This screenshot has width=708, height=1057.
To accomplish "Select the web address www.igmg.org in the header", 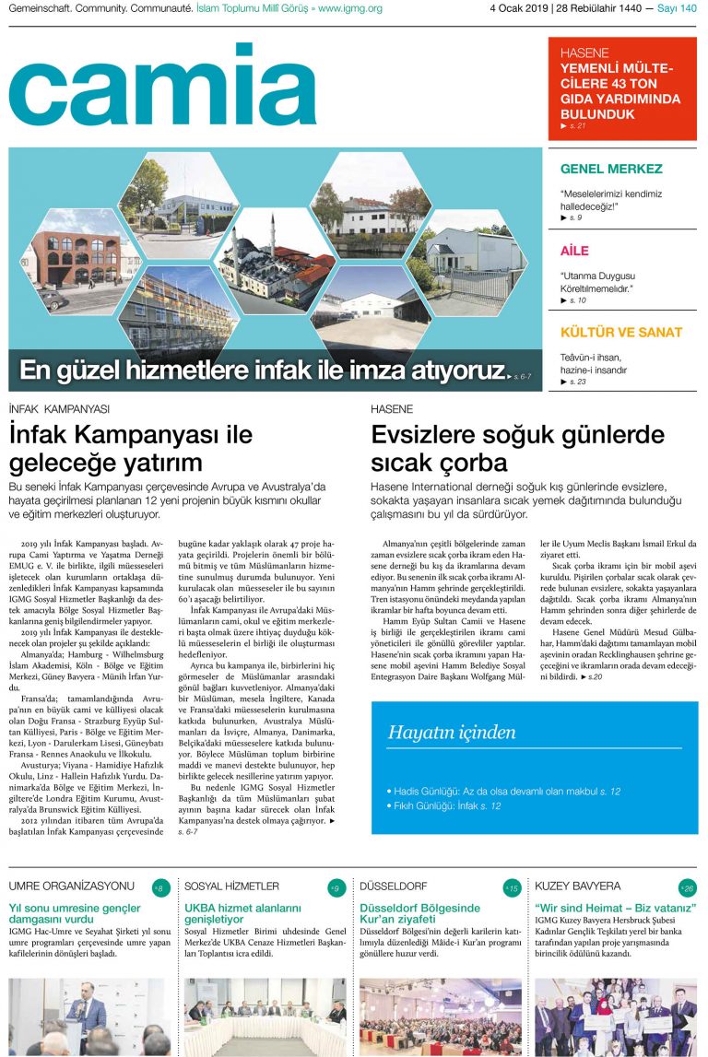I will tap(350, 9).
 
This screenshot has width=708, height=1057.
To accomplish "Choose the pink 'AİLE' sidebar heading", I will tap(575, 251).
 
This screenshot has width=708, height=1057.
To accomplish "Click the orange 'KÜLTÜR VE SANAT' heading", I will tap(621, 332).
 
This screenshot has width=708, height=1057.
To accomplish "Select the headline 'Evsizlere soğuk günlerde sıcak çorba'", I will tap(517, 447).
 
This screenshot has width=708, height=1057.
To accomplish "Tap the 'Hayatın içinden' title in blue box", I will tap(452, 733).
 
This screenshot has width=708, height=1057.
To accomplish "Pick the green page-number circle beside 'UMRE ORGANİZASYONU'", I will tap(160, 888).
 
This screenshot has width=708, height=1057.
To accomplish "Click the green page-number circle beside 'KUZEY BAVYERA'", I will tap(687, 888).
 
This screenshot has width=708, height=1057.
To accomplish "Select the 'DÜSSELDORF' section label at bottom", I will tap(394, 887).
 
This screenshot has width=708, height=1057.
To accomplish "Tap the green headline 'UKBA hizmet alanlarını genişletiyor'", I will tap(242, 914).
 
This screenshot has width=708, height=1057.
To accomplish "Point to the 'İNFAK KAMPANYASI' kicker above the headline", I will tap(59, 408).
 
